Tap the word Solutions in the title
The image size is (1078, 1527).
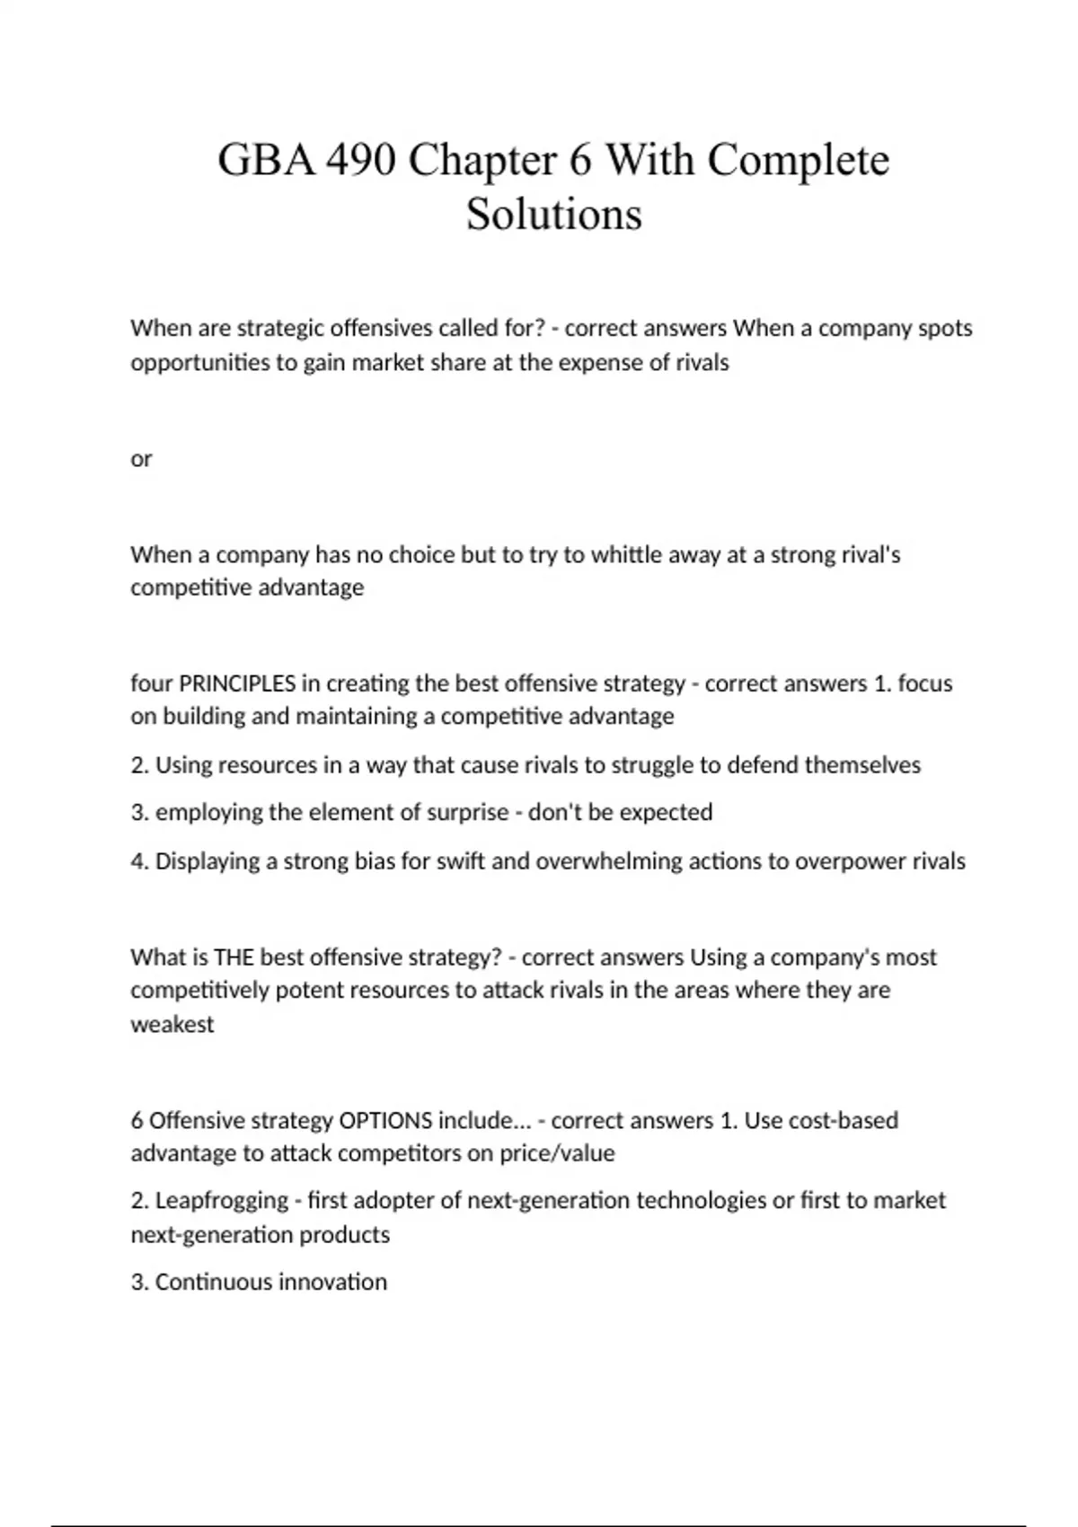point(554,215)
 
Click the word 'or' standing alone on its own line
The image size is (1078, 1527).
point(141,459)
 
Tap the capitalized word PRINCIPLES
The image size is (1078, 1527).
point(237,684)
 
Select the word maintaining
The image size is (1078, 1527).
point(365,717)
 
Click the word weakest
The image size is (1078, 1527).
point(172,1025)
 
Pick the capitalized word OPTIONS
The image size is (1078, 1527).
point(385,1121)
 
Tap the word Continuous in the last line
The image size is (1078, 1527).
point(214,1282)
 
